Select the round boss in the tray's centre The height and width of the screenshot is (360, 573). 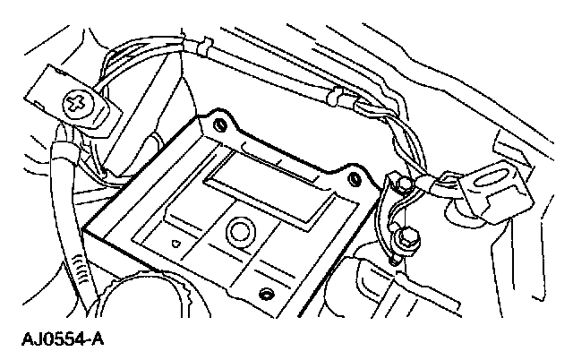point(240,231)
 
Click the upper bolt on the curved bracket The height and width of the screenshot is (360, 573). point(404,184)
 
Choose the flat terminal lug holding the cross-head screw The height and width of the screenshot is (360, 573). point(67,99)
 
